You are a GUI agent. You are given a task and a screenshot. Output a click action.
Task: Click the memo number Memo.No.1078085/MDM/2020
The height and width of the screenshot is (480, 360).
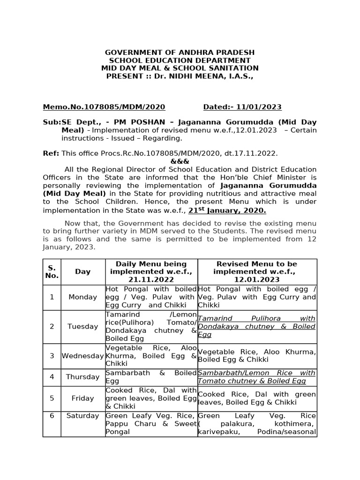pyautogui.click(x=104, y=107)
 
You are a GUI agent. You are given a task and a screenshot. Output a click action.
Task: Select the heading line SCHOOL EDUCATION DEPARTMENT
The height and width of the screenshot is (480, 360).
pyautogui.click(x=180, y=60)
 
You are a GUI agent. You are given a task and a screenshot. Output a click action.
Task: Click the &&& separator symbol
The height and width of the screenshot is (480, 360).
pyautogui.click(x=180, y=161)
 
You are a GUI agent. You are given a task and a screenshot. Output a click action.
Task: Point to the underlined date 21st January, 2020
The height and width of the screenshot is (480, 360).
pyautogui.click(x=227, y=210)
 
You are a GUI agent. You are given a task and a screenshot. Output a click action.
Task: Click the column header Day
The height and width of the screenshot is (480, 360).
pyautogui.click(x=82, y=271)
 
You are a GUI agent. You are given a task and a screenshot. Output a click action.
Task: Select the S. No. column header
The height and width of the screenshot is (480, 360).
pyautogui.click(x=52, y=271)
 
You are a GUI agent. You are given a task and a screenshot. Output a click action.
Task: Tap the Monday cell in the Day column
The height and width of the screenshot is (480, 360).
pyautogui.click(x=82, y=297)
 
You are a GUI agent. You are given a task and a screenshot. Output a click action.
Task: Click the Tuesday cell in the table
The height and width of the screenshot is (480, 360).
pyautogui.click(x=82, y=326)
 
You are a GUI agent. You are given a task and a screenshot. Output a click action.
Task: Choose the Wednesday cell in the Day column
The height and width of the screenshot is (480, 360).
pyautogui.click(x=82, y=356)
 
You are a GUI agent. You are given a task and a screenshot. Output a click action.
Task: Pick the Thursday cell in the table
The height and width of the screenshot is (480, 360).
pyautogui.click(x=82, y=377)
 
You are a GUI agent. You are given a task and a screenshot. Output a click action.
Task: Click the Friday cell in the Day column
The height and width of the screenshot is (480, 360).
pyautogui.click(x=82, y=398)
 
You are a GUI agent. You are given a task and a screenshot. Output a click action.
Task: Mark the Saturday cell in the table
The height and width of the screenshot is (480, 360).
pyautogui.click(x=82, y=416)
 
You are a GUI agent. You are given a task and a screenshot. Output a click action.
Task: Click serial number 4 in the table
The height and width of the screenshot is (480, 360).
pyautogui.click(x=52, y=377)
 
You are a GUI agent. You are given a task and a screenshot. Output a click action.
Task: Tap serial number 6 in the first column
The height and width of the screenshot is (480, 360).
pyautogui.click(x=52, y=416)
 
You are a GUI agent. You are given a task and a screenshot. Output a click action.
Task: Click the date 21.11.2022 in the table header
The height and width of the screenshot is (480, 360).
pyautogui.click(x=151, y=279)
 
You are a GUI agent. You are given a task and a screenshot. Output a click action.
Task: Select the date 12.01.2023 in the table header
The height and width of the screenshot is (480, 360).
pyautogui.click(x=257, y=279)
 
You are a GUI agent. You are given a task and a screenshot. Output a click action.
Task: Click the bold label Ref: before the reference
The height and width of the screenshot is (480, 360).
pyautogui.click(x=51, y=153)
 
